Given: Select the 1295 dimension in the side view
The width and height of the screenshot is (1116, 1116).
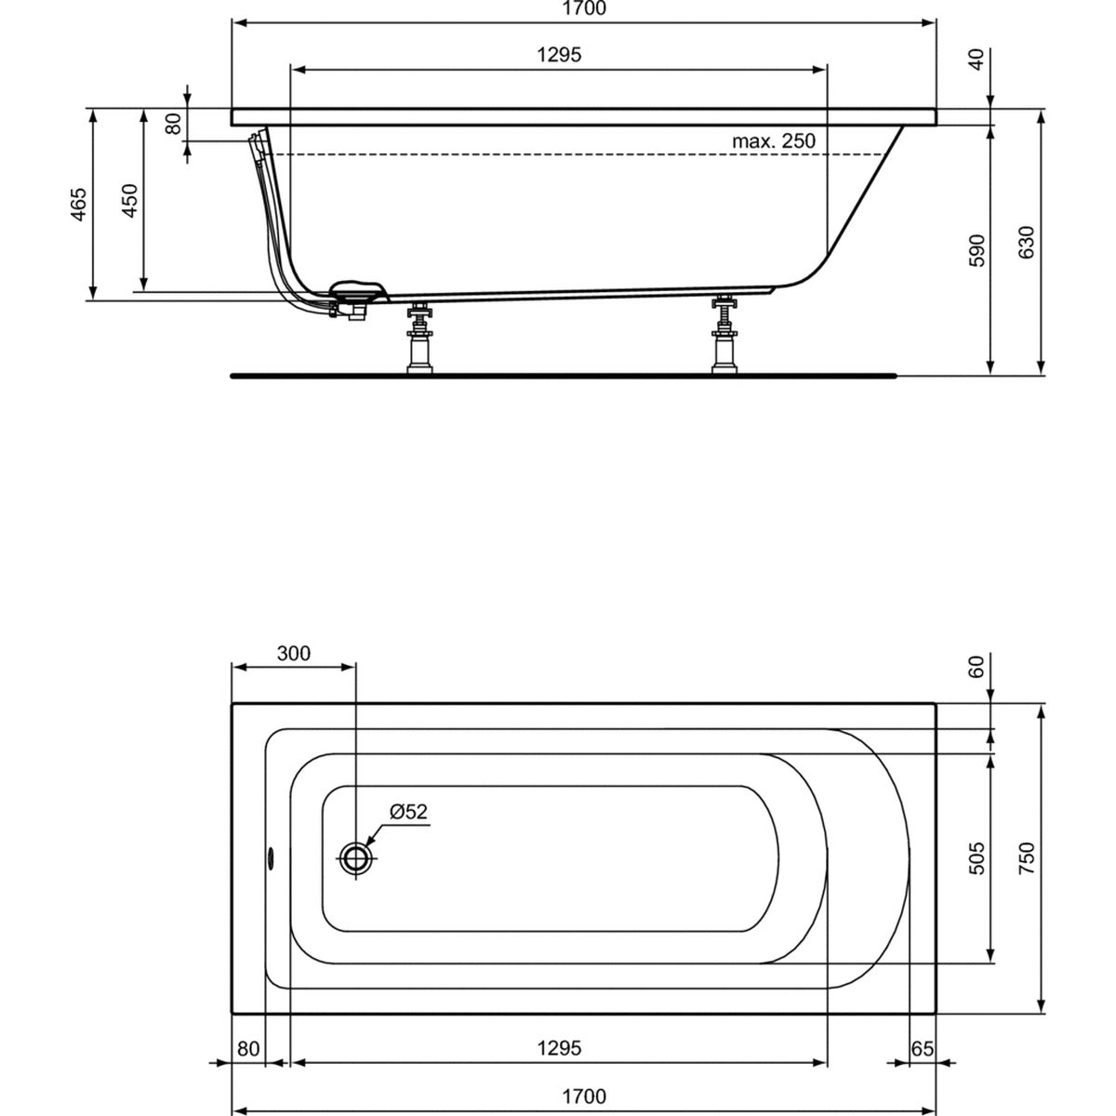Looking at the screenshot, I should [x=559, y=55].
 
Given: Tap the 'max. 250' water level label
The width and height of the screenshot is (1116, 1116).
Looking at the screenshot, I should [x=773, y=141].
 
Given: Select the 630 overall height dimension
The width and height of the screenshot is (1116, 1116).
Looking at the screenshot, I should [x=1027, y=243].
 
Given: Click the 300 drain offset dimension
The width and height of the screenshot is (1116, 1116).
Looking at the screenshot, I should [x=293, y=654].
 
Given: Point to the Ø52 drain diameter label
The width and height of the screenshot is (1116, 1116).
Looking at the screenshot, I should [x=407, y=812].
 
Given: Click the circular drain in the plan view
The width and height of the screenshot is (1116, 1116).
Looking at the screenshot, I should [x=356, y=857].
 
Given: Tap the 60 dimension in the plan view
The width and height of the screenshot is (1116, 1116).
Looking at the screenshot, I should [x=976, y=666].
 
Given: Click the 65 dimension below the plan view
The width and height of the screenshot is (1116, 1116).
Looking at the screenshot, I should [x=922, y=1048].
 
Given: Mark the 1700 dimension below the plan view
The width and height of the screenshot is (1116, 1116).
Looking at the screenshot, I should [x=584, y=1097].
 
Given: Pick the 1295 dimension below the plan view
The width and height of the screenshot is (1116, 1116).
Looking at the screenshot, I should [x=559, y=1048].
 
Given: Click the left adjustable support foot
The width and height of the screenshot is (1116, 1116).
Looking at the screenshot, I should [x=420, y=339].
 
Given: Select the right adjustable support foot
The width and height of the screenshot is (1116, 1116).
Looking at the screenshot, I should [x=723, y=336].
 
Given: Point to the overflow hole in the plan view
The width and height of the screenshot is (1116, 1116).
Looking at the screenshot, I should [x=271, y=857].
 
